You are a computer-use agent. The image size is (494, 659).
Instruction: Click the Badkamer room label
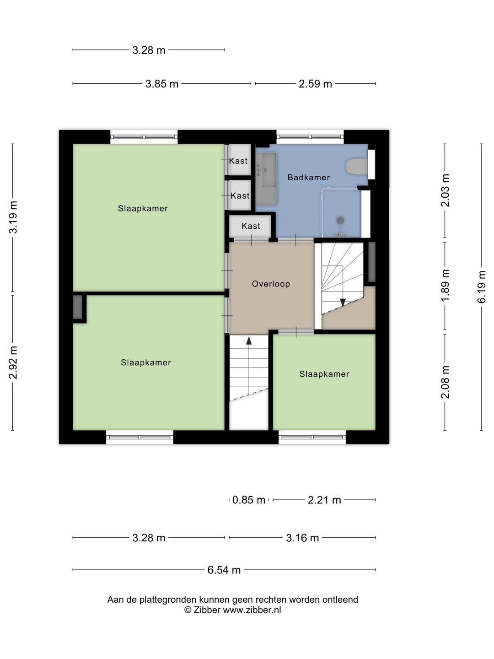point(308,178)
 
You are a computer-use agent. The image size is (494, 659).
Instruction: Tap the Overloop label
point(271,284)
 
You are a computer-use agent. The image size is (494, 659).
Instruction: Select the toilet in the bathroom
point(356,167)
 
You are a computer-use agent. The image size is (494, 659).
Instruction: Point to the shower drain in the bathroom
point(340,221)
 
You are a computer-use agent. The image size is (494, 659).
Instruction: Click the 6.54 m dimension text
point(224,570)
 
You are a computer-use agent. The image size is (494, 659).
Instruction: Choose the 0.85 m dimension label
point(249,500)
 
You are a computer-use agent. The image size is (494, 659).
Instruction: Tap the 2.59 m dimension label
point(315,84)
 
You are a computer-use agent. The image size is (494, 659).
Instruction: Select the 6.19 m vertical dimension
point(481,287)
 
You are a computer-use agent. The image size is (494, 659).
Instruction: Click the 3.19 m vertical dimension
point(13,217)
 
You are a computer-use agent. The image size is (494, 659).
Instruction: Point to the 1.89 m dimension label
point(445,286)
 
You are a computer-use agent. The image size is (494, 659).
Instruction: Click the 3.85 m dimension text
point(162,84)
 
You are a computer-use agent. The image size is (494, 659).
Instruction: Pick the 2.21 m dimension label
point(324,500)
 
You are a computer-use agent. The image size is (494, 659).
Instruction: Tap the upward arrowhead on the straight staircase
point(249,340)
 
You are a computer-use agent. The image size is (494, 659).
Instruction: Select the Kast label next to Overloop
point(251,226)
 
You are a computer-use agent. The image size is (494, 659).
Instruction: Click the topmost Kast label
point(238,161)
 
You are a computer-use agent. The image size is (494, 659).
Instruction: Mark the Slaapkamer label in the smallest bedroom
point(324,374)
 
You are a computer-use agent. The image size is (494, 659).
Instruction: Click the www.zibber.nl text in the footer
point(252,610)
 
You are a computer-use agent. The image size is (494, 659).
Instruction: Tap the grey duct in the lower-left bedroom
point(77,307)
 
